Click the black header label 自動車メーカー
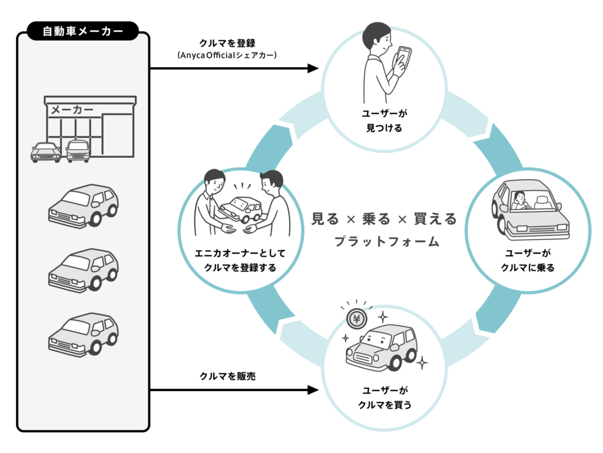[83, 30]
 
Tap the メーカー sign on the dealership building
[72, 110]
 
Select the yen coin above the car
[356, 319]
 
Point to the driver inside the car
[520, 201]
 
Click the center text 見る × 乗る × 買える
[385, 219]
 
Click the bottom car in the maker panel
[84, 333]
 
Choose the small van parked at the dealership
[78, 151]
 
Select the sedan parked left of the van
[46, 151]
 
